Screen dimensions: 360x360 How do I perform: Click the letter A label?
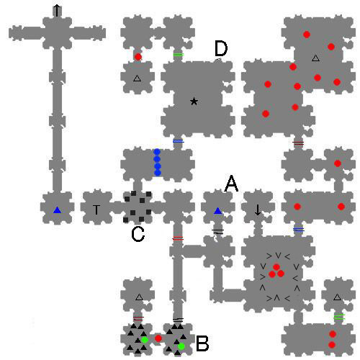point(231,184)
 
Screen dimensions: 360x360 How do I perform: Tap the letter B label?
point(202,343)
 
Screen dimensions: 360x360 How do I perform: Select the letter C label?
point(138,234)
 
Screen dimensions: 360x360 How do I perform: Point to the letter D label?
point(221,48)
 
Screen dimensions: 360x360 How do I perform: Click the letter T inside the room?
point(96,210)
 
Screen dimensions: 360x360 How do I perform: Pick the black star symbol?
point(194,102)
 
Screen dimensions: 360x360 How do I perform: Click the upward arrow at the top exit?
point(57,11)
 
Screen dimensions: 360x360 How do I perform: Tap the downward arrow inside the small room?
point(258,210)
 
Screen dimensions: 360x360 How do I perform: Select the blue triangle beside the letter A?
point(217,211)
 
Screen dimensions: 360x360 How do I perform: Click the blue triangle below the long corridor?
point(57,210)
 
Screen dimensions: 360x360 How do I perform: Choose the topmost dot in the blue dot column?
point(157,152)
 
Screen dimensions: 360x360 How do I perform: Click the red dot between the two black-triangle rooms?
point(158,338)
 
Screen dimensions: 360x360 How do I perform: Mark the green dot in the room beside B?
point(181,346)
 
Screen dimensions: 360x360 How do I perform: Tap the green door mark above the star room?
point(179,55)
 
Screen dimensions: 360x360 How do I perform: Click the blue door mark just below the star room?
point(179,141)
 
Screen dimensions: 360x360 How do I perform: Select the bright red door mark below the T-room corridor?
point(178,238)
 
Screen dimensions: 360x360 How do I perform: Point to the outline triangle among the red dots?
point(315,58)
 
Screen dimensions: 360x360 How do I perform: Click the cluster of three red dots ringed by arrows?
point(276,271)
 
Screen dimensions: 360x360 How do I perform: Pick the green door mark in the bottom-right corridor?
point(339,317)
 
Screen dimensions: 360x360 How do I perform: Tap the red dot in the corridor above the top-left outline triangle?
point(138,57)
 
